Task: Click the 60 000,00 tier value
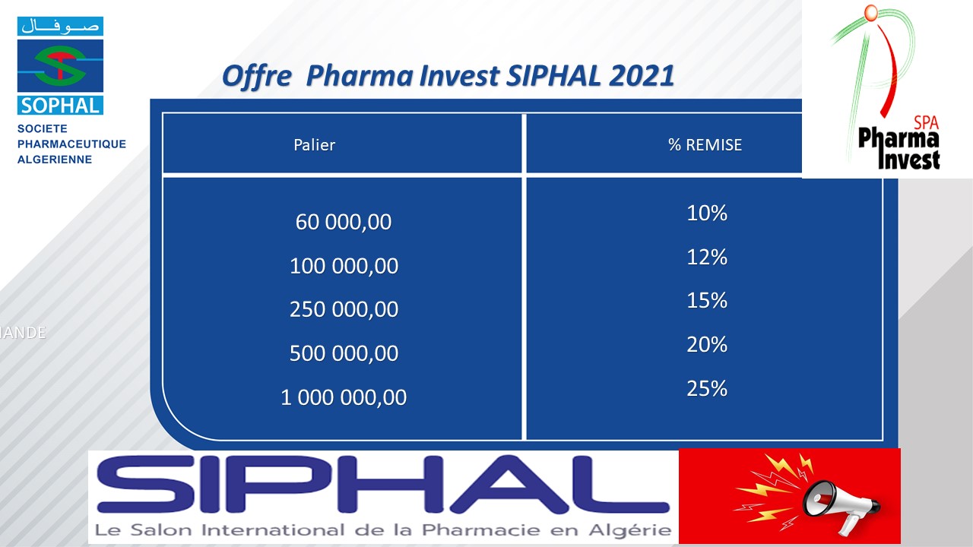(x=343, y=223)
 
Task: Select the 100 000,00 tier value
(x=344, y=266)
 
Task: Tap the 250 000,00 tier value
(x=344, y=309)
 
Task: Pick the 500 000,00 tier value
(x=344, y=353)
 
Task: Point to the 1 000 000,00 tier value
(x=344, y=397)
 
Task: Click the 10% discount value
(x=707, y=213)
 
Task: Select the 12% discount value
(x=707, y=257)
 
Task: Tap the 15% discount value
(x=707, y=300)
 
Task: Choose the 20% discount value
(x=707, y=344)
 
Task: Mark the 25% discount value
(x=707, y=388)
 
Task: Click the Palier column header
(x=314, y=145)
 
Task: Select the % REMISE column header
(x=705, y=145)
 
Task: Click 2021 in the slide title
(x=642, y=75)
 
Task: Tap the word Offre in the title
(x=256, y=77)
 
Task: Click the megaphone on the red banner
(x=841, y=506)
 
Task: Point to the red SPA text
(x=926, y=123)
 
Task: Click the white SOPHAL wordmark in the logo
(x=60, y=106)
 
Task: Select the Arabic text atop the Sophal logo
(x=60, y=26)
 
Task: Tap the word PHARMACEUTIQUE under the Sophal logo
(x=71, y=144)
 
